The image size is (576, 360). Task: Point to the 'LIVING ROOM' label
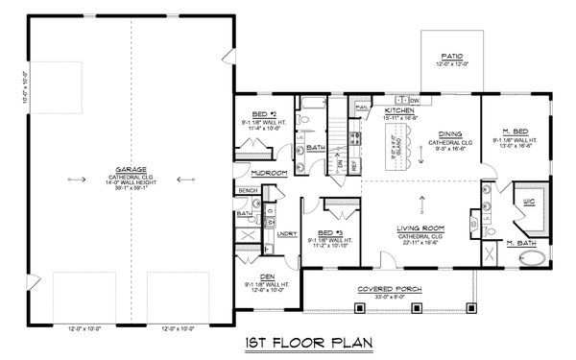pos(422,228)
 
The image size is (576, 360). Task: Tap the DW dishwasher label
pos(415,99)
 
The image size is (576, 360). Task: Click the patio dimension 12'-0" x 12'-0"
pos(450,64)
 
